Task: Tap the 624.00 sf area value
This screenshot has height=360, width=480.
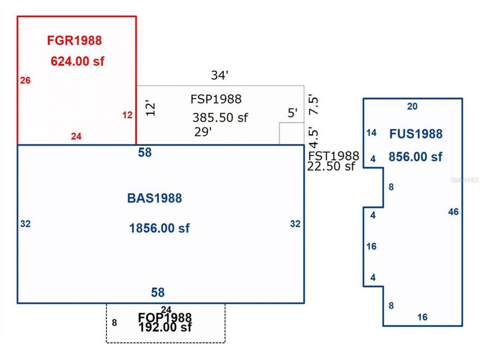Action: tap(77, 61)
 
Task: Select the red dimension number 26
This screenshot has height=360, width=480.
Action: tap(25, 81)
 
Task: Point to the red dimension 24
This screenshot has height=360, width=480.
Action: tap(76, 137)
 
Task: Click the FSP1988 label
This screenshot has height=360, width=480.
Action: tap(215, 99)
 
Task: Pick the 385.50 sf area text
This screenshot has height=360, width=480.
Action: tap(220, 118)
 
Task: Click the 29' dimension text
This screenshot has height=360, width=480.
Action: tap(203, 132)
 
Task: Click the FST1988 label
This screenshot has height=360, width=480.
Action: tap(334, 156)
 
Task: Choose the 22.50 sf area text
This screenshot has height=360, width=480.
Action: tap(331, 166)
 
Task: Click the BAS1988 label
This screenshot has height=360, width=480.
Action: tap(154, 198)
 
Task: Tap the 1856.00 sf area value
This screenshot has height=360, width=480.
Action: tap(159, 228)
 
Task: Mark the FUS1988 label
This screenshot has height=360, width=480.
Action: tap(415, 134)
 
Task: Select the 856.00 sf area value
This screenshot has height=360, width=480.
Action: tap(415, 157)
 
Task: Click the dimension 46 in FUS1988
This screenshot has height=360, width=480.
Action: tap(453, 212)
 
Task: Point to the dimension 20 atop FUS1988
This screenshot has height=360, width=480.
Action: tap(412, 106)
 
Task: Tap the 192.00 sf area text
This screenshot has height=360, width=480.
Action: tap(165, 327)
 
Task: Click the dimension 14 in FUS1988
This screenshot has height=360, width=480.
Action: tap(372, 133)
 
